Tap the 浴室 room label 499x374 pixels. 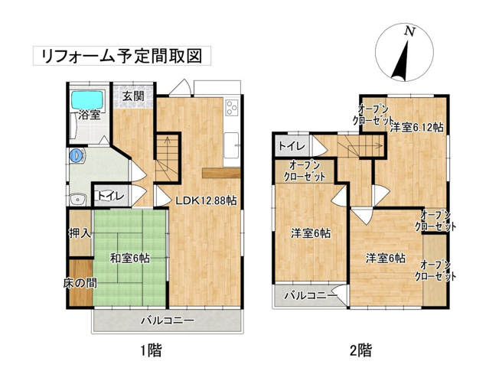[89, 115]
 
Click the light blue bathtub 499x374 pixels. [88, 99]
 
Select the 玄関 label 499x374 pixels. [133, 96]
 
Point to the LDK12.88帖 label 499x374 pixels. [206, 200]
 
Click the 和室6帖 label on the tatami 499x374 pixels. [128, 258]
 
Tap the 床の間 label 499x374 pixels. [80, 283]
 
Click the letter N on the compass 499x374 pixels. [409, 32]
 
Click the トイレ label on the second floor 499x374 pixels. [292, 146]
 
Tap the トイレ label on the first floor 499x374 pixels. [110, 196]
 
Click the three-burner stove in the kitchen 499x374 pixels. [232, 109]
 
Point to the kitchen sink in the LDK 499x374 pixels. [232, 139]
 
